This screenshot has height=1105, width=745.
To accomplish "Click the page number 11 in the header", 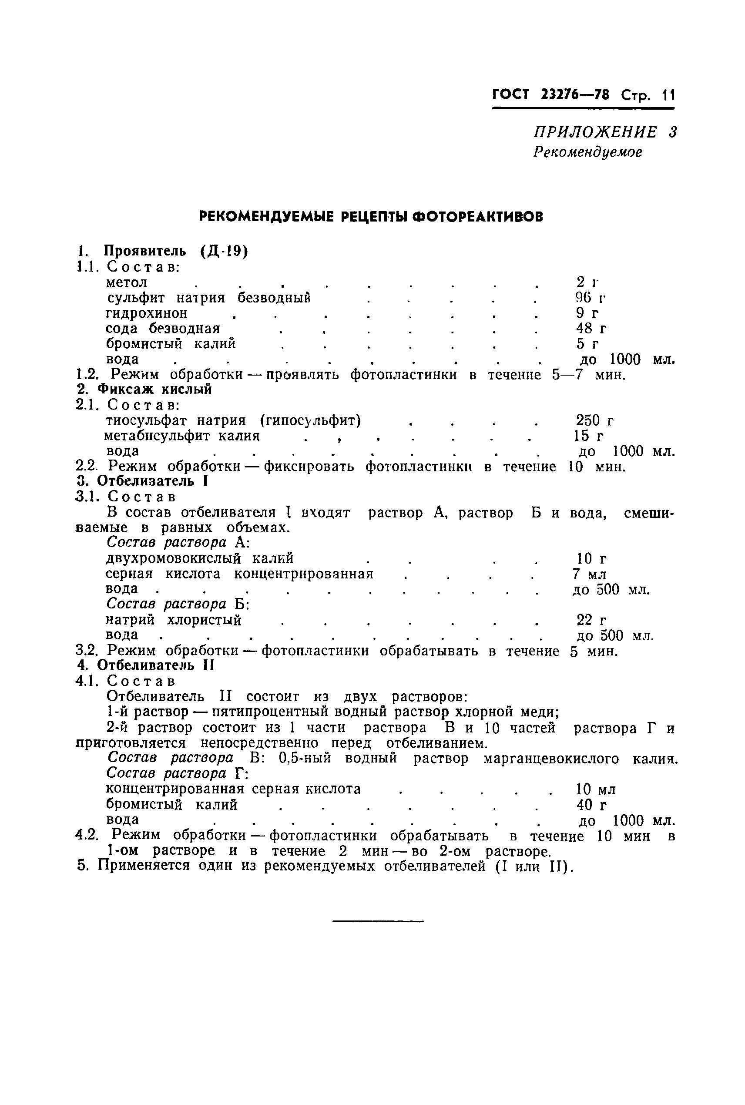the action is coord(668,95).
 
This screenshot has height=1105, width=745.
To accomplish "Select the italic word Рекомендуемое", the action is coord(588,152).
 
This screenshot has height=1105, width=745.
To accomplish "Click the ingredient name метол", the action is coord(126,282).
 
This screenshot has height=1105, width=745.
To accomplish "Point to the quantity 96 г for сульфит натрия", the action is coord(590,297).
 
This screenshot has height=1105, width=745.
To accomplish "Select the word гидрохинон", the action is coord(146,313).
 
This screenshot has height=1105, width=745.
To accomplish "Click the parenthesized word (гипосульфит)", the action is coord(311,420).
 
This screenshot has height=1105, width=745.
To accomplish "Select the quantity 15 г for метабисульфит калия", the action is coord(589,436).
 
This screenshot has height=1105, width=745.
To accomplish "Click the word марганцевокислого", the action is coord(551,759).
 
